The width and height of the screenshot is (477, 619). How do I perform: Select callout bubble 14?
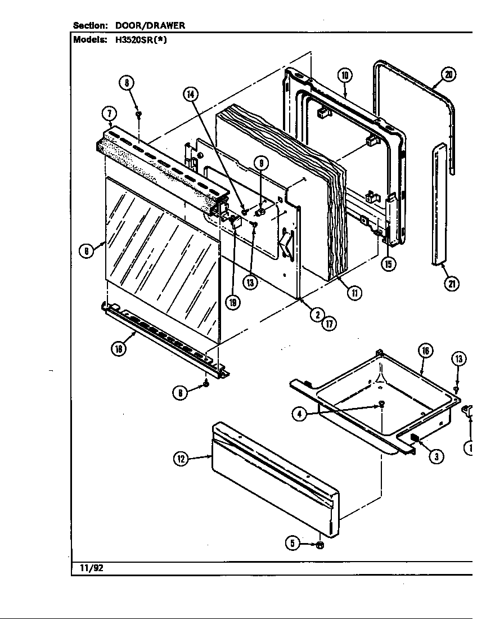pyautogui.click(x=191, y=95)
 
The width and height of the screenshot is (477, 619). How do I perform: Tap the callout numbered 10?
pyautogui.click(x=345, y=75)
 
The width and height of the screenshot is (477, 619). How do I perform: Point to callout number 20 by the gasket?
pyautogui.click(x=448, y=74)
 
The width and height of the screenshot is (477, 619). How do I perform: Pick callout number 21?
pyautogui.click(x=451, y=284)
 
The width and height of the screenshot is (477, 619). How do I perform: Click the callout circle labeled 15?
pyautogui.click(x=387, y=263)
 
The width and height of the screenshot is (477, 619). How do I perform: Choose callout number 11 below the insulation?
pyautogui.click(x=354, y=293)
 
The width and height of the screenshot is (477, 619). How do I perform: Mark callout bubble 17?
pyautogui.click(x=329, y=323)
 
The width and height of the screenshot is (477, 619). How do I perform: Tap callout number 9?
pyautogui.click(x=261, y=163)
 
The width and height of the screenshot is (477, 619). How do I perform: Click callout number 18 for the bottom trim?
pyautogui.click(x=118, y=348)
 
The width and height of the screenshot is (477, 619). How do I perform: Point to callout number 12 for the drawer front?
pyautogui.click(x=181, y=459)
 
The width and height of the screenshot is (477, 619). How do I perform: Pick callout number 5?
pyautogui.click(x=292, y=544)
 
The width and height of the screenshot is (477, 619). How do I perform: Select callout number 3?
pyautogui.click(x=435, y=456)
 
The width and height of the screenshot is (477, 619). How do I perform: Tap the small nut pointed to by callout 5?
pyautogui.click(x=318, y=544)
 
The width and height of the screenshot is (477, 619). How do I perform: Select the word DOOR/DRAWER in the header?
pyautogui.click(x=150, y=25)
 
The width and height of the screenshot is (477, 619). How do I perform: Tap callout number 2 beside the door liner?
pyautogui.click(x=318, y=314)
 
